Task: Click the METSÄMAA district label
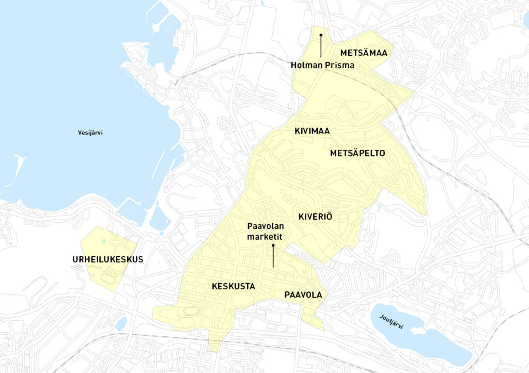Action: coord(364,53)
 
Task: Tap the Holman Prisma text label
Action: coord(322,66)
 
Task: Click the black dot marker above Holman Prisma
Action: coord(321,35)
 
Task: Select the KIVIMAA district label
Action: coord(313,131)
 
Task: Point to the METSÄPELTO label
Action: coord(357,153)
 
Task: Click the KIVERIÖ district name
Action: coord(315,217)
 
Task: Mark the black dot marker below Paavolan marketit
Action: coord(273,247)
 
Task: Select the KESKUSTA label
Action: coord(233,286)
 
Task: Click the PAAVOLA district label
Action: coord(303,295)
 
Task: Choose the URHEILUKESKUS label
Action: coord(107,259)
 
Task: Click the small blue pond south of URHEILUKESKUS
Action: coord(121,323)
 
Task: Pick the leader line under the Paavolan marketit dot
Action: coord(273,258)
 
